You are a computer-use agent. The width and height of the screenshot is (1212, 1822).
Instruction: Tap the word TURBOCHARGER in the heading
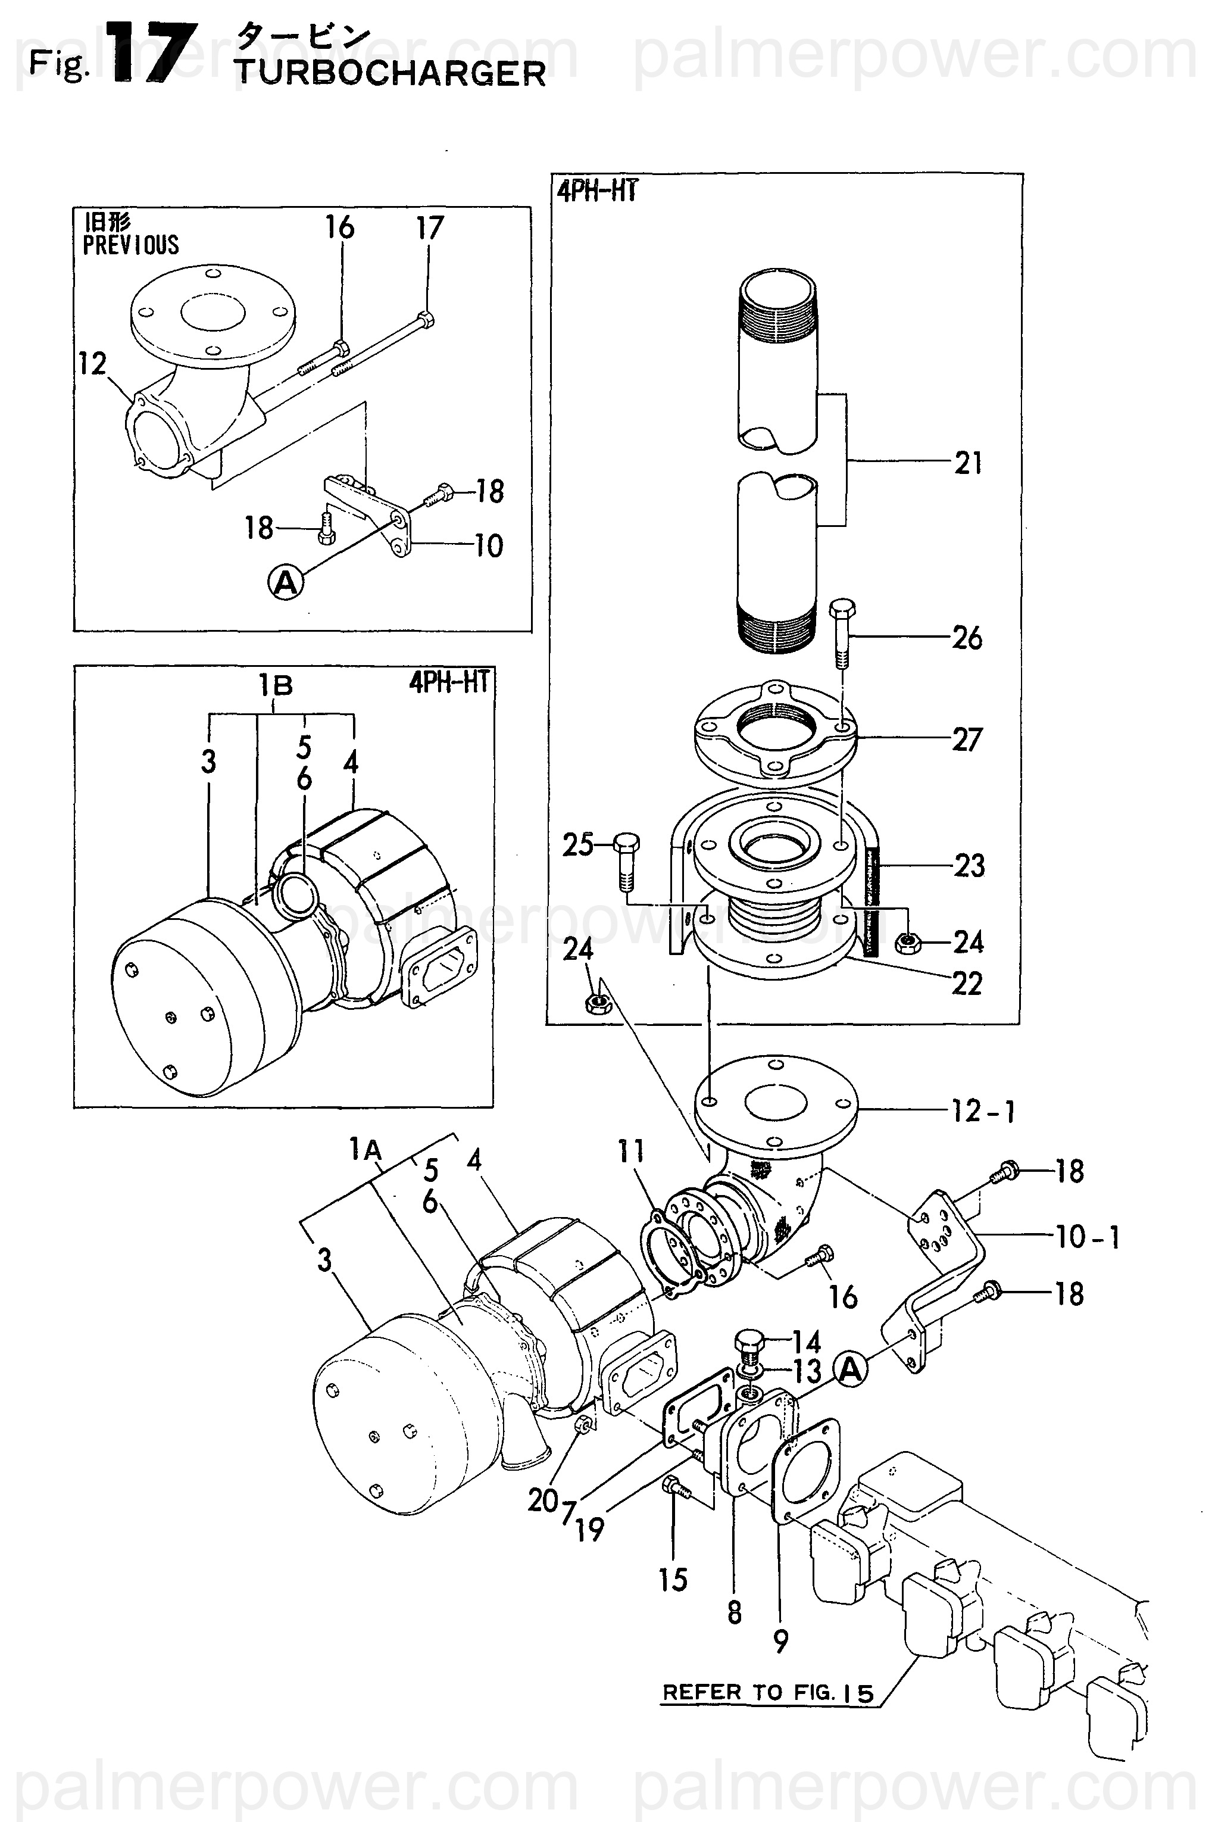391,73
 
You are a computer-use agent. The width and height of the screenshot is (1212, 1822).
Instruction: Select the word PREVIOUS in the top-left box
130,245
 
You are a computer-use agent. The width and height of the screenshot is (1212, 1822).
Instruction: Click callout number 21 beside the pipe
968,463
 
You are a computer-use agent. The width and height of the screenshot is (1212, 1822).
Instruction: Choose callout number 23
969,866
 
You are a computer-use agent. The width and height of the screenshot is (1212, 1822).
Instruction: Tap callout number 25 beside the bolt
577,845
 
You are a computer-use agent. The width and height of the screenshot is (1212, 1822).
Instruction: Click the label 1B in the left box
276,685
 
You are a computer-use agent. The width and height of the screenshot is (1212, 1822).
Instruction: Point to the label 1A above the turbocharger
366,1150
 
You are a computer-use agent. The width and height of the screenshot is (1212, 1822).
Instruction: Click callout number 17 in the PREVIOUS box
430,228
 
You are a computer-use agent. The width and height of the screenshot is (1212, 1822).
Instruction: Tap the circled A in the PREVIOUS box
286,582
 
